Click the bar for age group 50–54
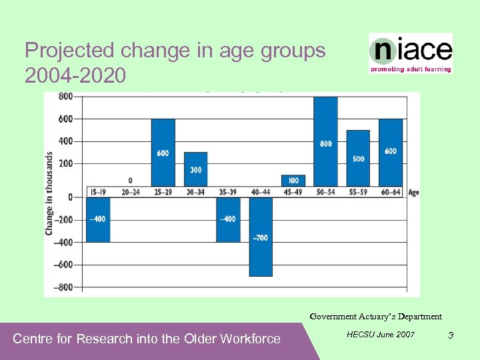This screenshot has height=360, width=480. (325, 141)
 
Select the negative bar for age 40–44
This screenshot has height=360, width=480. (261, 237)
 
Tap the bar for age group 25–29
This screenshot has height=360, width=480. (163, 153)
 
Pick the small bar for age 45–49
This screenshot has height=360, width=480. (293, 181)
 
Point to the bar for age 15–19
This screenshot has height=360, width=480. (98, 219)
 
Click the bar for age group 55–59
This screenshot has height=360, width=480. (358, 158)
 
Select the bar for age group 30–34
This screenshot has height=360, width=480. (195, 169)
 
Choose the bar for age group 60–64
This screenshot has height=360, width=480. (391, 153)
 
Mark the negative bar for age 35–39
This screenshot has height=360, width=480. (228, 219)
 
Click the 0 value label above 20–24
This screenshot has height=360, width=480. (130, 181)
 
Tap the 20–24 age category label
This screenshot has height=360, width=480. (130, 193)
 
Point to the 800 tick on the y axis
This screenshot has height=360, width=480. (65, 97)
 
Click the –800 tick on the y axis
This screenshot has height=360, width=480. (63, 287)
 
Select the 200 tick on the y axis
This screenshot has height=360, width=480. (65, 163)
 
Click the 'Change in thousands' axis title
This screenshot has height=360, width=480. (49, 193)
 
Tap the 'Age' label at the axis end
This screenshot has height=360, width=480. (413, 193)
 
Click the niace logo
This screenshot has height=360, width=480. (411, 53)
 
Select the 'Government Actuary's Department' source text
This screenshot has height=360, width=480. (375, 317)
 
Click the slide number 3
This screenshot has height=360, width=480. (451, 335)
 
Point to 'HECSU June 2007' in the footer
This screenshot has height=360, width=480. (381, 334)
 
